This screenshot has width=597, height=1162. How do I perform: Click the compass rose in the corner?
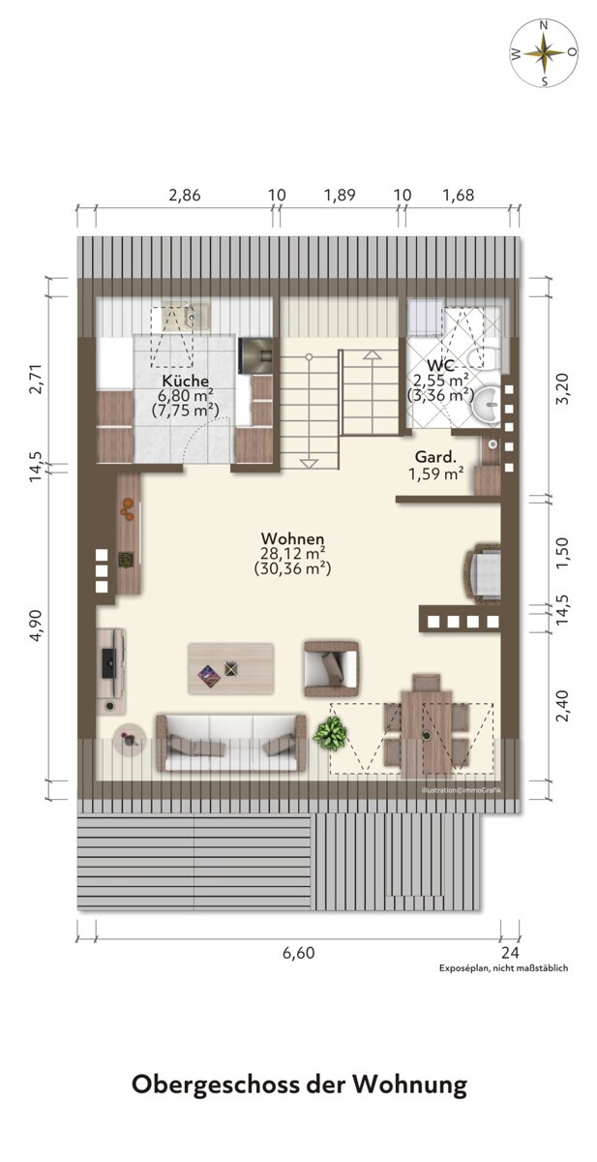pyautogui.click(x=544, y=53)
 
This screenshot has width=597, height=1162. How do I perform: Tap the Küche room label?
pyautogui.click(x=185, y=380)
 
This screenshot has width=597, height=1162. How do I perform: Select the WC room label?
pyautogui.click(x=440, y=365)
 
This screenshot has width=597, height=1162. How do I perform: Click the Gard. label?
pyautogui.click(x=435, y=457)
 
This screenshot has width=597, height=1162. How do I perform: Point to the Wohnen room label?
pyautogui.click(x=293, y=538)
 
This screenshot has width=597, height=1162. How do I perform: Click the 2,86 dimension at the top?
pyautogui.click(x=185, y=195)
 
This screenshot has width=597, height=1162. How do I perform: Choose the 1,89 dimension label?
pyautogui.click(x=340, y=195)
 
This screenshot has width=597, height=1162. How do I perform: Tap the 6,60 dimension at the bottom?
pyautogui.click(x=298, y=953)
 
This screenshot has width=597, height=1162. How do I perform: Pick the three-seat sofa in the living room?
pyautogui.click(x=231, y=743)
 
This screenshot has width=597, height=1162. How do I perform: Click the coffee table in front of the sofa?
pyautogui.click(x=230, y=669)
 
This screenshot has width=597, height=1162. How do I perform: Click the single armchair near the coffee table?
pyautogui.click(x=332, y=669)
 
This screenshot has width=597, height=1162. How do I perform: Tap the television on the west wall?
pyautogui.click(x=107, y=662)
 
